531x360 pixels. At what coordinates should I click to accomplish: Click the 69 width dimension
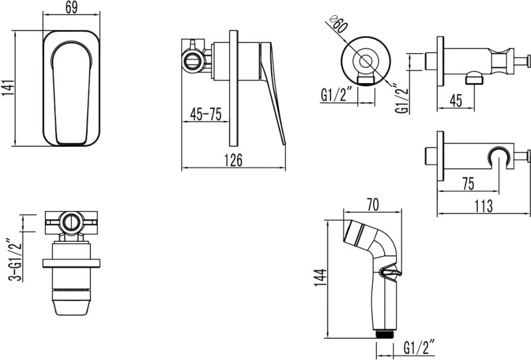[x=72, y=7]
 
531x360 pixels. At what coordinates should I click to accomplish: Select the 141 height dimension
[x=8, y=88]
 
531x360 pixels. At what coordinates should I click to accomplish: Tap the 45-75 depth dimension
[x=205, y=114]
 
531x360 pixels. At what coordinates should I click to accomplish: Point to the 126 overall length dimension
[x=234, y=160]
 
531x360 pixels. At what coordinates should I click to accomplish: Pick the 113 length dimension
[x=483, y=206]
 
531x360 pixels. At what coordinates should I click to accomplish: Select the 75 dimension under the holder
[x=468, y=184]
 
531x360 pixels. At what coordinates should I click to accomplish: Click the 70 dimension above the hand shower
[x=373, y=205]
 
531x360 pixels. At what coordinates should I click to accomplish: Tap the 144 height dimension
[x=320, y=278]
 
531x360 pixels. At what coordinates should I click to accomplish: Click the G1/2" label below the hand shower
[x=419, y=348]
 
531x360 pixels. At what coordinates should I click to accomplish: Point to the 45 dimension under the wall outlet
[x=455, y=100]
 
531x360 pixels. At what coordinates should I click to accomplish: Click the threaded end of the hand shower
[x=385, y=333]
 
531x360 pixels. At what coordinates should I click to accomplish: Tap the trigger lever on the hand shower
[x=390, y=273]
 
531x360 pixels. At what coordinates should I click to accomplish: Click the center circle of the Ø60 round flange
[x=365, y=61]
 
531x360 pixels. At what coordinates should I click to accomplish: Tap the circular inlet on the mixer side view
[x=193, y=61]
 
